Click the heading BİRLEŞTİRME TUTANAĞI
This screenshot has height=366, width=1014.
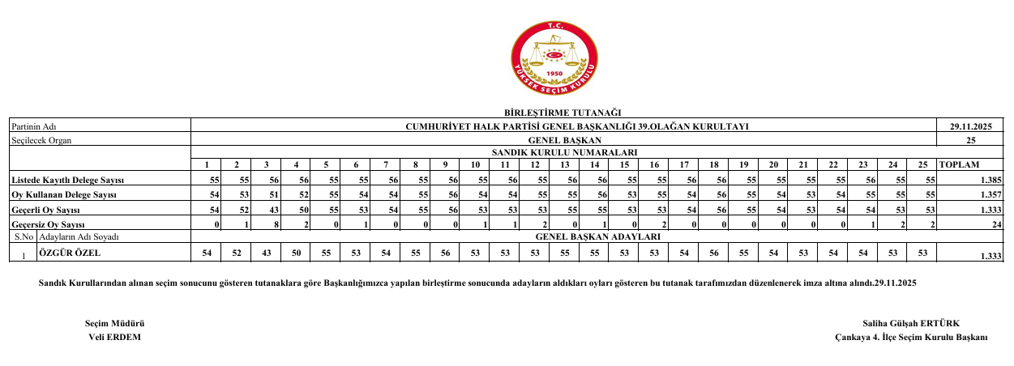tap(562, 113)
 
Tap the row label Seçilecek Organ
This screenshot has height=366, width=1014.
tap(41, 140)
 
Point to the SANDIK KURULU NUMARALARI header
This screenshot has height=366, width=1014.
tap(563, 152)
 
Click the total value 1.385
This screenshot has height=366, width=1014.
tap(990, 179)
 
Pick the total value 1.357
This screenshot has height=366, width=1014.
tap(990, 195)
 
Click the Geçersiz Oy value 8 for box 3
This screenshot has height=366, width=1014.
tap(276, 223)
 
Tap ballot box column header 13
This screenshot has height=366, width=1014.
tap(565, 165)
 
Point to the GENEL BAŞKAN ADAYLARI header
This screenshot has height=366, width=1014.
tap(598, 237)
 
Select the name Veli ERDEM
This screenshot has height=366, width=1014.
tap(114, 337)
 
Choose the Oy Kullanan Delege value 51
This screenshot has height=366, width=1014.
tap(274, 195)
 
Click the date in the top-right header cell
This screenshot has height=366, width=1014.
tap(970, 126)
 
